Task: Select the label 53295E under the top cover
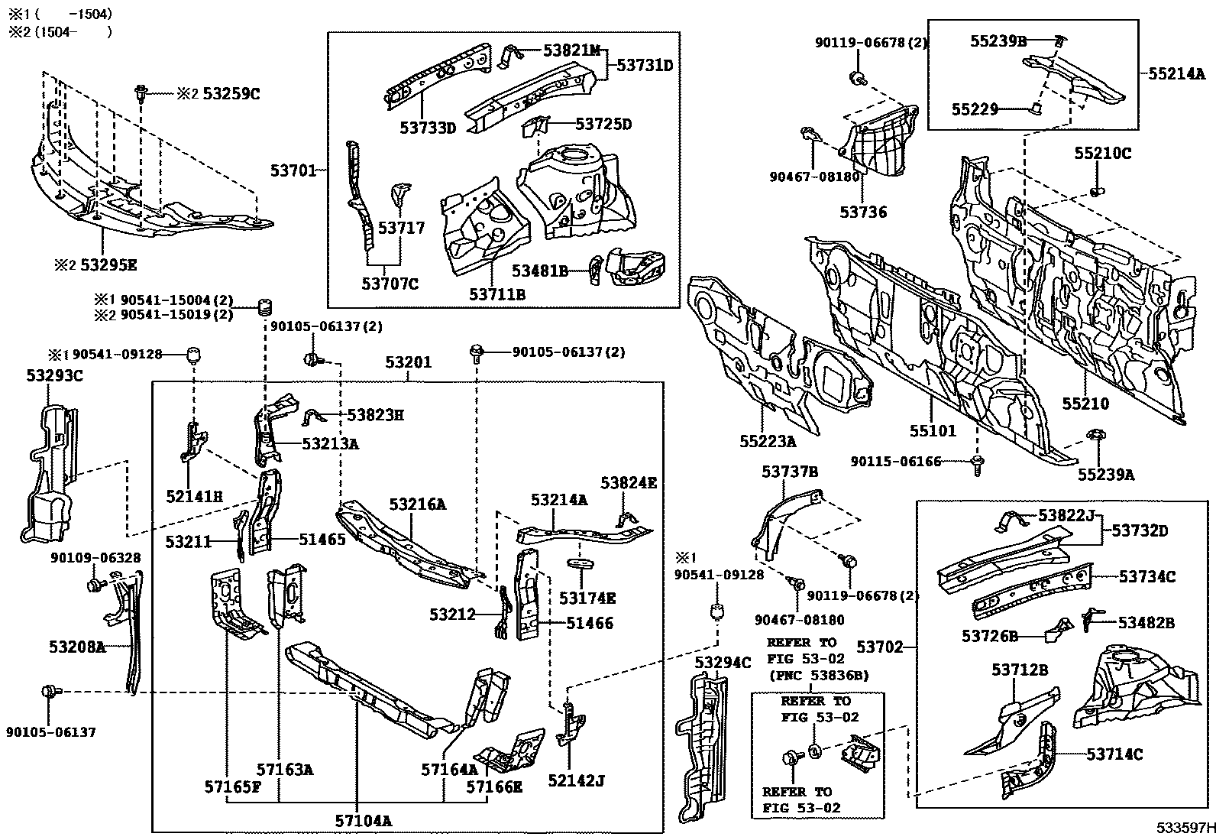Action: coord(109,265)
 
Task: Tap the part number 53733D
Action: coord(427,128)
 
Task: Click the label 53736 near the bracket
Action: coord(863,212)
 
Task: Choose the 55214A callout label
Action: coord(1176,74)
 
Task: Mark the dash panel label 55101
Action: coord(932,431)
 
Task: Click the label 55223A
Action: coord(767,441)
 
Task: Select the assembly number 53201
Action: coord(408,362)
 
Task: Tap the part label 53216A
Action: coord(417,504)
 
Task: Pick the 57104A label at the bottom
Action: coord(363,821)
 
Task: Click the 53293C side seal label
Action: coord(54,375)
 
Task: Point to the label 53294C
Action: coord(723,663)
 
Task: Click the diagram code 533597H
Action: coord(1184,828)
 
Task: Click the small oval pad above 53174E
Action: coord(582,564)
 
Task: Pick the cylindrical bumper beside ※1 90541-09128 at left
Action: coord(194,355)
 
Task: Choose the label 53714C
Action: coord(1115,754)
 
